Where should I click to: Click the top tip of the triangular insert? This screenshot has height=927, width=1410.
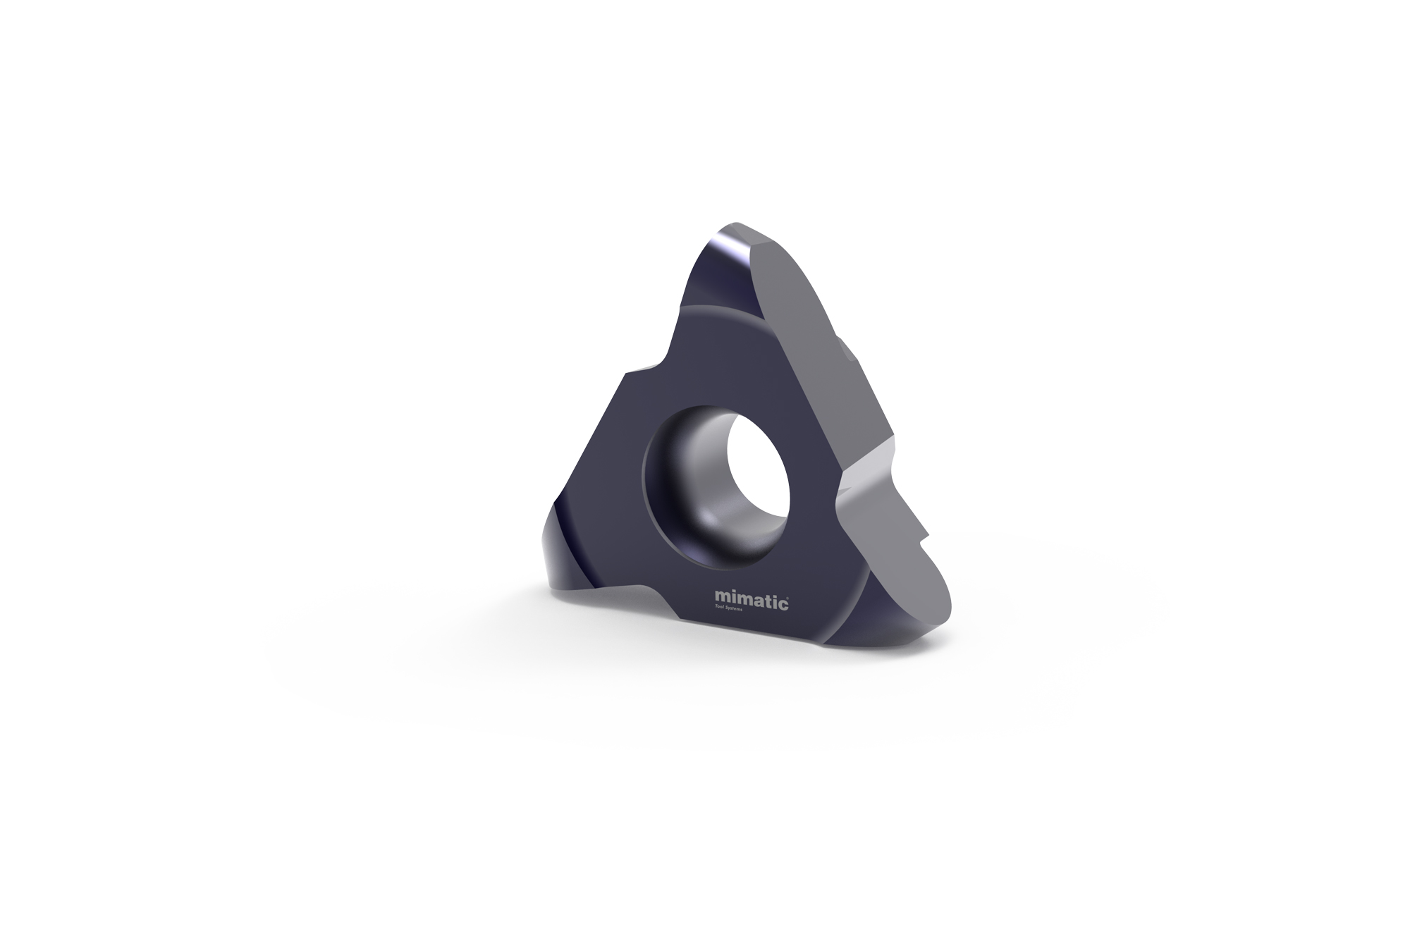(740, 229)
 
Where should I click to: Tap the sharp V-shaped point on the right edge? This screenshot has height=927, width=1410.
(842, 486)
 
